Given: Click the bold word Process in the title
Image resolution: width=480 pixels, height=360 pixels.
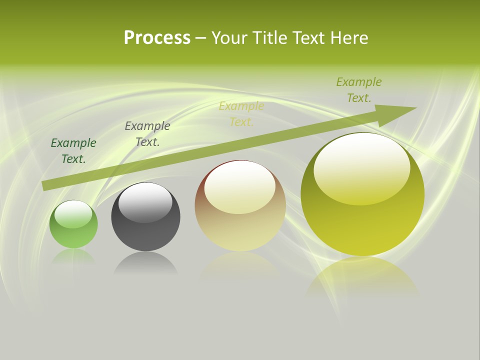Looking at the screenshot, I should pos(157,38).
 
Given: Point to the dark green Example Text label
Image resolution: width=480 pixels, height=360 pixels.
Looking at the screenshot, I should pos(73,151).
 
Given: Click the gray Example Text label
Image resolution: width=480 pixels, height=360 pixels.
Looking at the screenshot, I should pos(147,134).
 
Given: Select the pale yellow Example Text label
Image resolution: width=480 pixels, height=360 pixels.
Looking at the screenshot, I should pos(241,114).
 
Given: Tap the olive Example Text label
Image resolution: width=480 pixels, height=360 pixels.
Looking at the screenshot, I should pos(359,90).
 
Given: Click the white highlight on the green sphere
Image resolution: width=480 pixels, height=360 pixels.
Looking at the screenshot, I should pos(73,213).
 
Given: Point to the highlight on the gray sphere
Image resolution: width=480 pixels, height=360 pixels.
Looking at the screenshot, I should pos(145,202).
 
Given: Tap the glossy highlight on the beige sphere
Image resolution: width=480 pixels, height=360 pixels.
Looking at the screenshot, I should pos(240,187).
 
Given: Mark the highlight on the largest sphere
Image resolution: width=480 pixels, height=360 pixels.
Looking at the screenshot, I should pos(362,168).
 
